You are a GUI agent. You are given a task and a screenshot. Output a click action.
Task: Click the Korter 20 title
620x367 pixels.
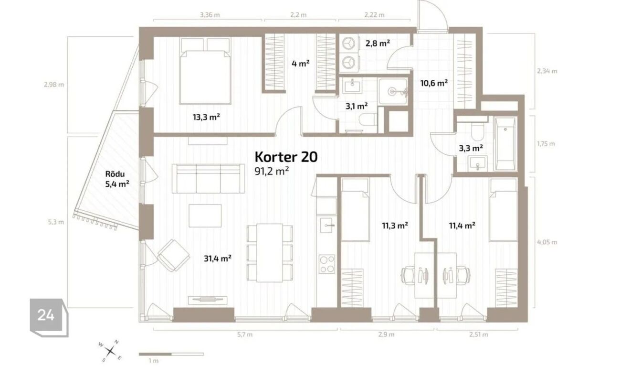(x=286, y=157)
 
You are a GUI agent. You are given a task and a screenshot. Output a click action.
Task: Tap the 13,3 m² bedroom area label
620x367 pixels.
(x=207, y=117)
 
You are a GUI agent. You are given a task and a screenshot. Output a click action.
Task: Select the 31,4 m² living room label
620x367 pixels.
(x=218, y=259)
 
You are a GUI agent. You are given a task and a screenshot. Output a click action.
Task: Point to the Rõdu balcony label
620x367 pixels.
(x=115, y=174)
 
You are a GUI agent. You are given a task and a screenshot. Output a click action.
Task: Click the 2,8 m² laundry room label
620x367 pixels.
(x=378, y=43)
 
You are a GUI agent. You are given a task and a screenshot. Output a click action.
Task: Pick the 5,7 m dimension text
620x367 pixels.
(x=245, y=335)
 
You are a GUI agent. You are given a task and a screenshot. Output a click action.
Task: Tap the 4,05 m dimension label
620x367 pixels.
(x=547, y=242)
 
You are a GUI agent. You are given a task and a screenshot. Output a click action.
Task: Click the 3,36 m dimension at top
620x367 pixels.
(x=210, y=15)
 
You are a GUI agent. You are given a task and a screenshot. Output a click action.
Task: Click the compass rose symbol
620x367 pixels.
(x=110, y=351)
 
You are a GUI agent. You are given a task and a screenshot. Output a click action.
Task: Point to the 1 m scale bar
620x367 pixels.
(x=171, y=354)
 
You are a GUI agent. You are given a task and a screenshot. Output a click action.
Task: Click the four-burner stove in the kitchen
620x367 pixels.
(x=326, y=264)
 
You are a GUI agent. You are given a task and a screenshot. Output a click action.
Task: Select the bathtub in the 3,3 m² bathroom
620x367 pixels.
(x=505, y=144)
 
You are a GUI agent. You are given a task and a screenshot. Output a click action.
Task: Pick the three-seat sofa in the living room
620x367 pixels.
(x=208, y=179)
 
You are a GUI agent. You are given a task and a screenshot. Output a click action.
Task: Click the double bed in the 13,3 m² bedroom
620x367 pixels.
(x=205, y=71)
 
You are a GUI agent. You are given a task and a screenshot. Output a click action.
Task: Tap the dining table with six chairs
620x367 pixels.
(x=270, y=253)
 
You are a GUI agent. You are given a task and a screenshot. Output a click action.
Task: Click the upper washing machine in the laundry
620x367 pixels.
(x=349, y=43)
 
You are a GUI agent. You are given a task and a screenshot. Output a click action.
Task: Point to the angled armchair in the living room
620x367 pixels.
(x=174, y=255)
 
